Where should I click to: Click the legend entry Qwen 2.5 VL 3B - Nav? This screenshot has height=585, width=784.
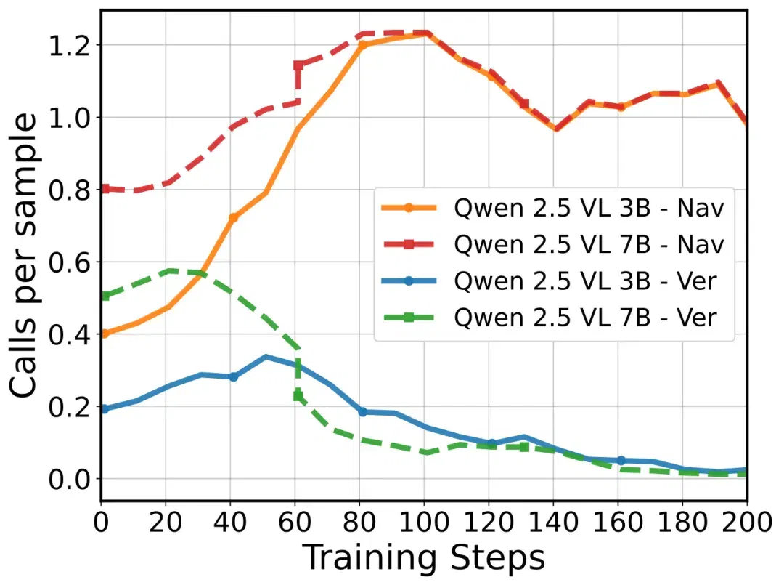[552, 208]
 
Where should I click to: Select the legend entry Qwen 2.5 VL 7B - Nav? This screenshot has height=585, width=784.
[552, 244]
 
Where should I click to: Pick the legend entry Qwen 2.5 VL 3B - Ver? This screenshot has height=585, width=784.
[549, 281]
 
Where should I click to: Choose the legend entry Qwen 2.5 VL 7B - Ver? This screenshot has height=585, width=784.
[549, 318]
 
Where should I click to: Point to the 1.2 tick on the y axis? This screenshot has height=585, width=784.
[69, 46]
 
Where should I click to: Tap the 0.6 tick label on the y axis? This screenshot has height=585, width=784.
[69, 262]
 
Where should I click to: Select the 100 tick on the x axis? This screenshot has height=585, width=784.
[425, 523]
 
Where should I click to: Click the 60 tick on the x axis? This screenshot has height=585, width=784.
[295, 523]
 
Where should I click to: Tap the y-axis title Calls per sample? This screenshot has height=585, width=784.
[23, 255]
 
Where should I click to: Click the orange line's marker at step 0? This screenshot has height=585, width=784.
[105, 334]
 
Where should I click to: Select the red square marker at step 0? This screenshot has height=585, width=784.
[105, 189]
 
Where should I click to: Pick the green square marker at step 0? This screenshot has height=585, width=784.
[105, 296]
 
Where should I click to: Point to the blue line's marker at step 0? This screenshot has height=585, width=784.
[105, 409]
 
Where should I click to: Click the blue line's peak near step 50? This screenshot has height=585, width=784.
[266, 357]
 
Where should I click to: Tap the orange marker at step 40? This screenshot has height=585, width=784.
[234, 218]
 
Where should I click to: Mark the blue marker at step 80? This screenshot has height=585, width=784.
[363, 412]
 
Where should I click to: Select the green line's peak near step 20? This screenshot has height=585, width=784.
[170, 271]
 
